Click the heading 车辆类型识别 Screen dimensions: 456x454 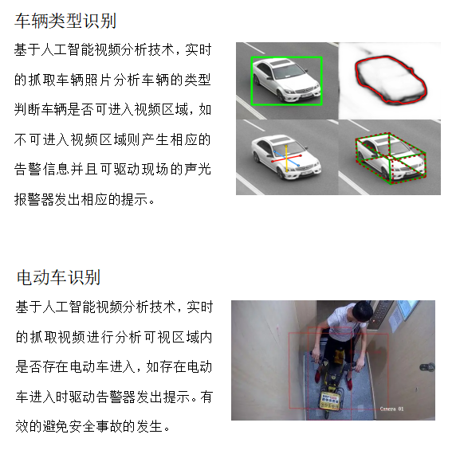point(65,21)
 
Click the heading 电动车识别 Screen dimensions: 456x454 point(58,277)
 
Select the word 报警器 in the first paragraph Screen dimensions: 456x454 point(34,199)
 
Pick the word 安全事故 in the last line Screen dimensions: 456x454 point(96,426)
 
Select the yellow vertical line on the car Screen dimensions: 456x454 point(286,159)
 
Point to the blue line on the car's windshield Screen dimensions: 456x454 point(286,159)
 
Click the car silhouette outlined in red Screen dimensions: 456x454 point(391,80)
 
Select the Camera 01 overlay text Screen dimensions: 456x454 point(391,409)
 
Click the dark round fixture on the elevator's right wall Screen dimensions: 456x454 point(427,367)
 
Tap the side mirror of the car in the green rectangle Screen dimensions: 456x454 point(269,78)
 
